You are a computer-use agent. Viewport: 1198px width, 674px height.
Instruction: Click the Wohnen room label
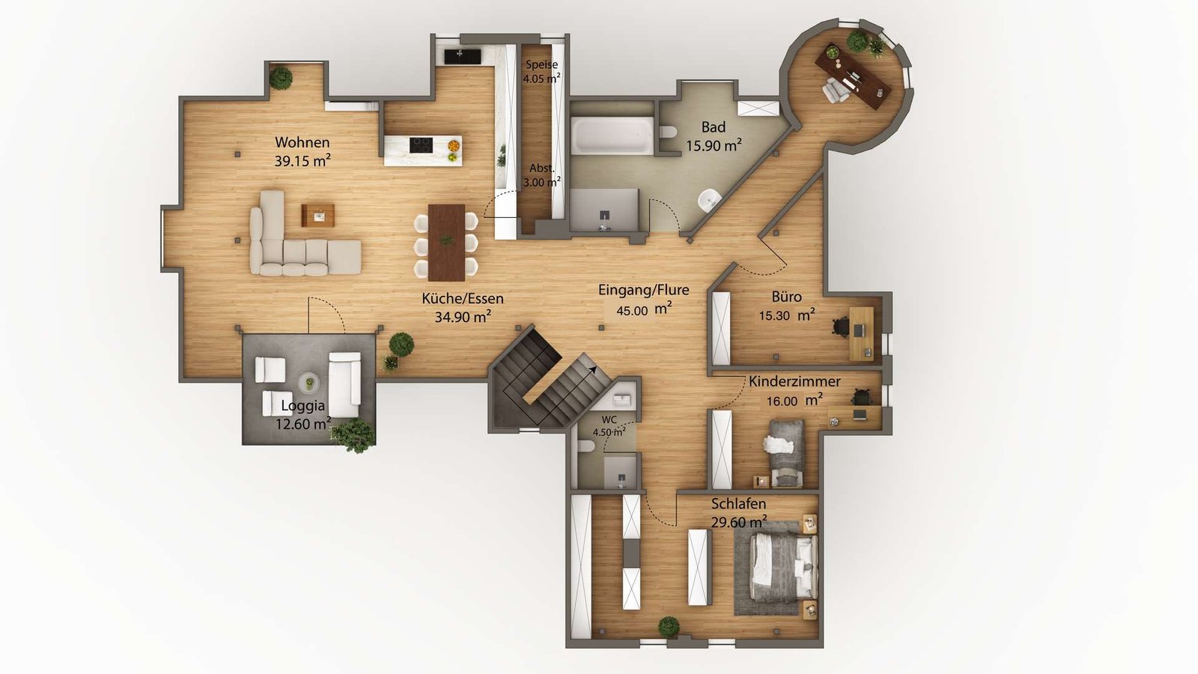tap(302, 142)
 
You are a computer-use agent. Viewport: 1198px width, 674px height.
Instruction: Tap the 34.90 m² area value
tap(463, 317)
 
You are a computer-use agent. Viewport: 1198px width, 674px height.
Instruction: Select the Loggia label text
tap(302, 406)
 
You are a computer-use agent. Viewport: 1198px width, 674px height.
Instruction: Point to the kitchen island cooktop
tap(421, 144)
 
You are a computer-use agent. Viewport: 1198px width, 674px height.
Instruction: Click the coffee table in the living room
tap(318, 216)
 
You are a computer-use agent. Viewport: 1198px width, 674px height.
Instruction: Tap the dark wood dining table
tap(446, 242)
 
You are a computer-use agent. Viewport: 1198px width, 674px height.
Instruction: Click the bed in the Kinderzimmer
tap(785, 452)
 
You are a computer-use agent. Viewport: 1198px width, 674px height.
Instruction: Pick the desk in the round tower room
tap(854, 75)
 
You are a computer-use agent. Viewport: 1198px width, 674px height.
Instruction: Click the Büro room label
tap(786, 297)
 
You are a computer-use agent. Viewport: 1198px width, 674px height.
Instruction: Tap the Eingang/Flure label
tap(643, 290)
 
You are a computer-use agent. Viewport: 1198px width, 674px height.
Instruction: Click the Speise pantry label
tap(541, 65)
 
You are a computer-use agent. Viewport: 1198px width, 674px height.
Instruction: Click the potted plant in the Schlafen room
tap(669, 626)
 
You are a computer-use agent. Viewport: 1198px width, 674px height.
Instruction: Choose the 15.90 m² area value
tap(714, 146)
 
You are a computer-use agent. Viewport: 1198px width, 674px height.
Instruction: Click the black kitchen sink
tap(462, 55)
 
